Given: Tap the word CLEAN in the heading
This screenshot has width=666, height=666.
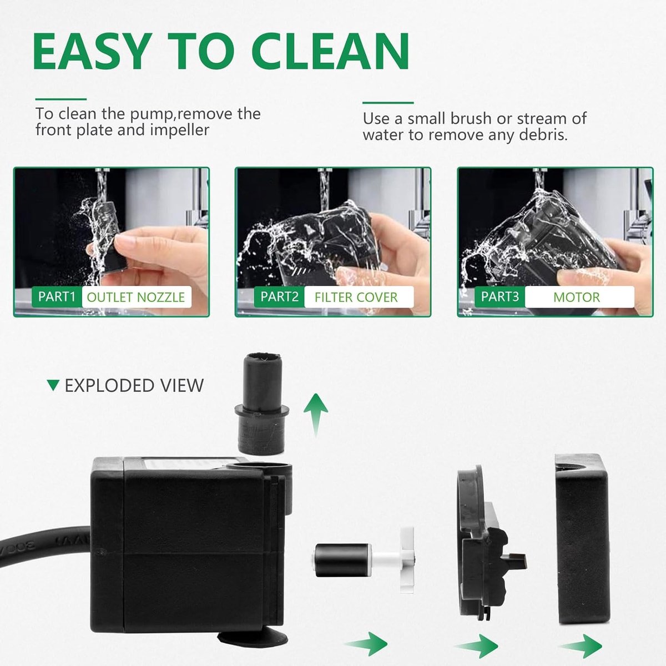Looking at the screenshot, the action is [x=331, y=51].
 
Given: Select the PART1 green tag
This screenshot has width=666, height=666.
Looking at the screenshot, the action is [x=57, y=296].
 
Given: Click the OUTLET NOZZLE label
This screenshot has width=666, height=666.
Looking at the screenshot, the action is [x=136, y=297].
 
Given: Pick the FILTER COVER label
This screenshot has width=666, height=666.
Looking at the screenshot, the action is [x=356, y=297].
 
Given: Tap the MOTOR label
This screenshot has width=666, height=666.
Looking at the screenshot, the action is [x=577, y=297].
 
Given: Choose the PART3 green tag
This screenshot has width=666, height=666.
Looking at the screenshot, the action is [x=500, y=296].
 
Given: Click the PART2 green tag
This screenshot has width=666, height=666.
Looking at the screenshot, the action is [x=279, y=296].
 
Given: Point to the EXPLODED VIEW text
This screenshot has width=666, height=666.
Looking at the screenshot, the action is [x=134, y=386].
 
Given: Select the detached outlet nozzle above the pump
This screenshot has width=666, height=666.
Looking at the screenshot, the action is [x=261, y=403].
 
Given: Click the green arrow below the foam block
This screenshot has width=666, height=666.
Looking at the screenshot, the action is [x=581, y=645].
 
